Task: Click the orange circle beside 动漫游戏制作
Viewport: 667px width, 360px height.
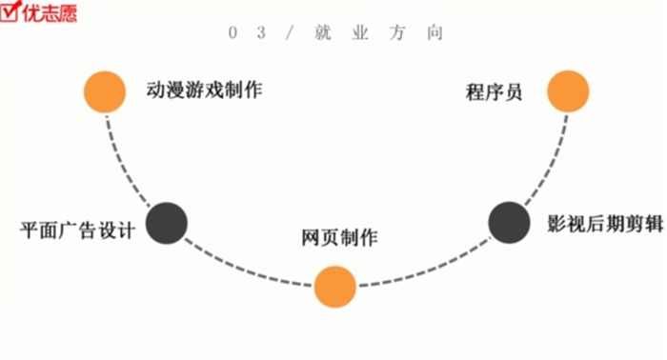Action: (x=105, y=91)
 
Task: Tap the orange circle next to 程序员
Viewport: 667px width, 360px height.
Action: (x=568, y=91)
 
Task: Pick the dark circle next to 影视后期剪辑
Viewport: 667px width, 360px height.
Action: (x=510, y=222)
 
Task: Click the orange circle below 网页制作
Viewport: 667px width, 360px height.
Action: (x=335, y=286)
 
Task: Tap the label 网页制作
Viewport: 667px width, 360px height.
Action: (x=339, y=237)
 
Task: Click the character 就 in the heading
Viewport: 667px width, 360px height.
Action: (x=318, y=32)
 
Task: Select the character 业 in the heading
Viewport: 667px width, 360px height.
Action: (x=357, y=32)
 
